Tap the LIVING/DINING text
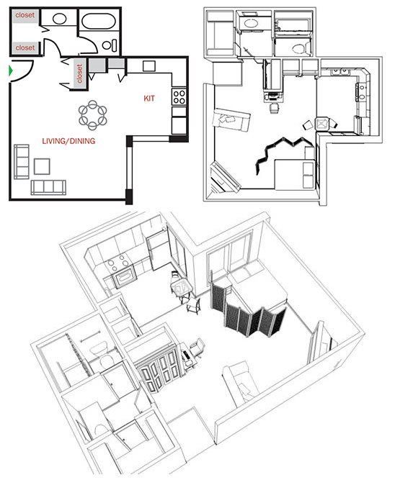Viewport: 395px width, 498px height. coord(68,142)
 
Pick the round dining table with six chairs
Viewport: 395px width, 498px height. coord(93,112)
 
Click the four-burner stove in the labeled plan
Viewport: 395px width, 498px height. coord(178,96)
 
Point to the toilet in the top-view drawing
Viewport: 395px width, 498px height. coord(299,47)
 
